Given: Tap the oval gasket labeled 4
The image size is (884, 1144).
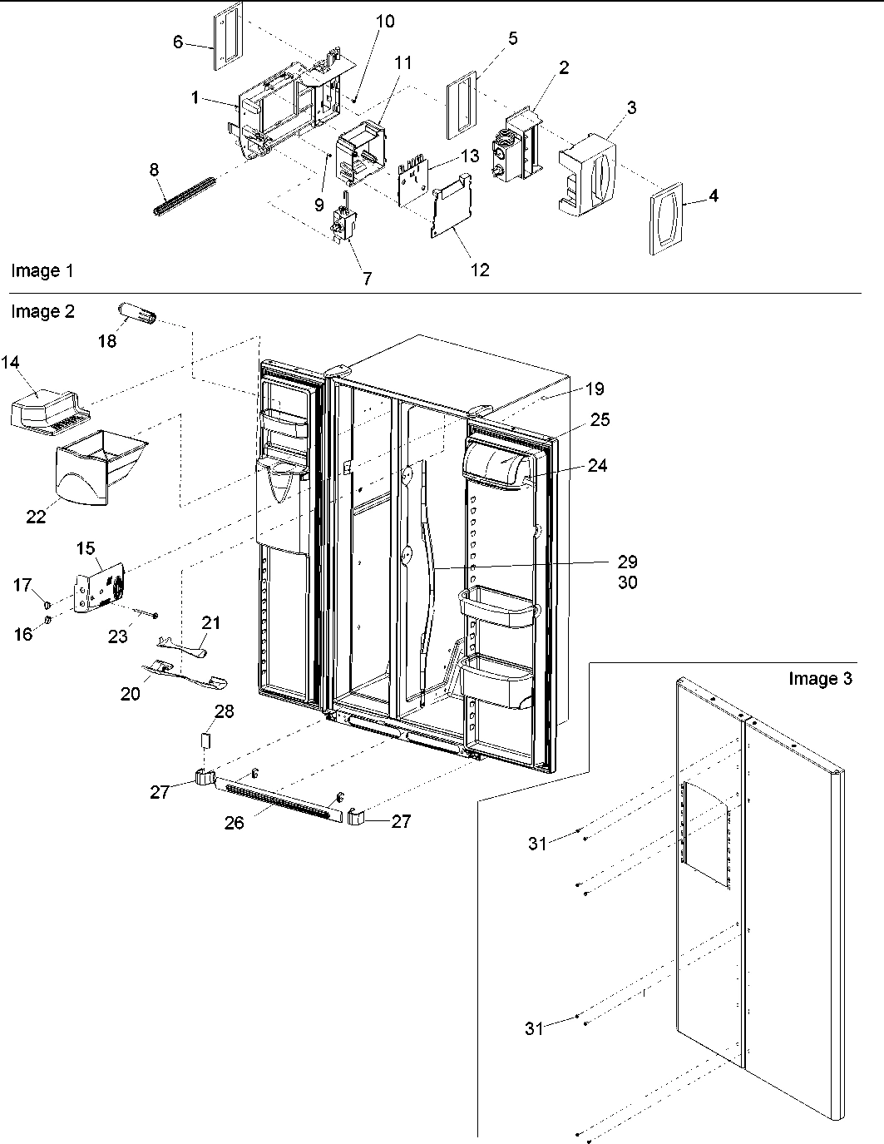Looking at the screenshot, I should (x=666, y=218).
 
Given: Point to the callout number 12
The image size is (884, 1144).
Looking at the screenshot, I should (x=480, y=269).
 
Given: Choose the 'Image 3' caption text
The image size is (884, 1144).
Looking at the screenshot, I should (x=820, y=679).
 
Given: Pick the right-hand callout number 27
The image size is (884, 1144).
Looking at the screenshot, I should (x=401, y=822).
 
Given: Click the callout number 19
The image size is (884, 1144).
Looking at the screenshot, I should (x=594, y=389).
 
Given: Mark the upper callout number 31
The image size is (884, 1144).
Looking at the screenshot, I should (x=537, y=843).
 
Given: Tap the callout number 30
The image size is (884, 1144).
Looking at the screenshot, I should (x=627, y=582).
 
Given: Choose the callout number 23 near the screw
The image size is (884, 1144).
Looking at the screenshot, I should (x=118, y=636).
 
